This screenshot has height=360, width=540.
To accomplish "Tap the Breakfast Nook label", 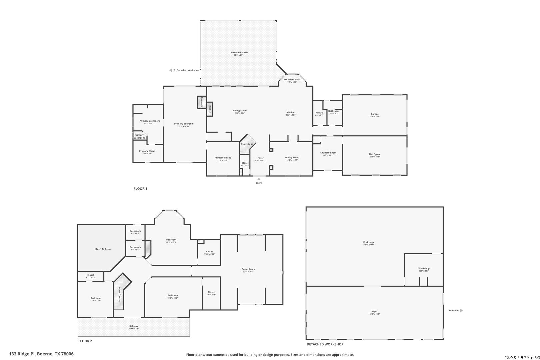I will [x=292, y=80].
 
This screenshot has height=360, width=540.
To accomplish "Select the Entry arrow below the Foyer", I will [x=259, y=179].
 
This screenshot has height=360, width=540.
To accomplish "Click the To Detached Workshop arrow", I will [x=170, y=70].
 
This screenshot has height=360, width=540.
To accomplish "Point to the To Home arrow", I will [x=462, y=310].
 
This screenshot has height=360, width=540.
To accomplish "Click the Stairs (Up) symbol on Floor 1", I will [x=247, y=144].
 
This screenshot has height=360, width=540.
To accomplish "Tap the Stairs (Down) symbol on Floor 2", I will [x=120, y=295].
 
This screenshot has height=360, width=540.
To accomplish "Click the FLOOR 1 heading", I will [x=140, y=189].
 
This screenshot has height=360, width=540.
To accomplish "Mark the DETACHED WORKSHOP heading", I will [x=325, y=344].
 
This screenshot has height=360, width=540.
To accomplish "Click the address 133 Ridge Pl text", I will [x=41, y=354].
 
